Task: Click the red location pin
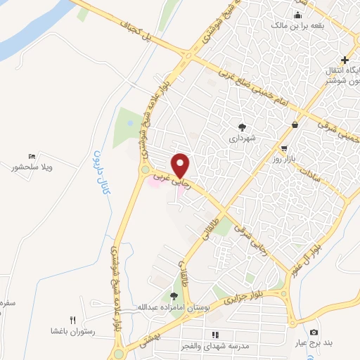click(x=181, y=165)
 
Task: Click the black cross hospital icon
click(x=344, y=60)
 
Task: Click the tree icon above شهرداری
click(x=243, y=127)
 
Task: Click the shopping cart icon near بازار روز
click(x=283, y=148)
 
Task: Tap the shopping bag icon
click(x=293, y=124)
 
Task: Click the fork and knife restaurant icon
click(x=72, y=319)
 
